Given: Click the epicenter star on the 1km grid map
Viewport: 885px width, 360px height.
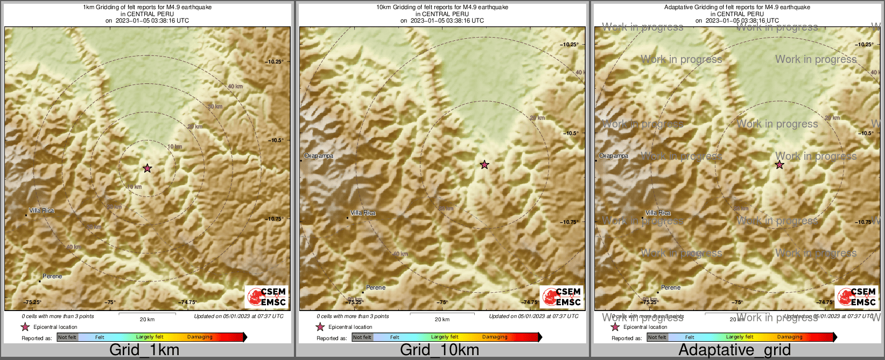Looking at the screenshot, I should click(x=147, y=168).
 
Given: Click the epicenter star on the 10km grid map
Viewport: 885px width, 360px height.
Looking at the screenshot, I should click(x=484, y=165).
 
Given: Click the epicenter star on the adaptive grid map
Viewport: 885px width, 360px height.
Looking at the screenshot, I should click(x=779, y=165).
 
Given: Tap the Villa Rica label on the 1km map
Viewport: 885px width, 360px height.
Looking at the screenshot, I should click(x=41, y=210).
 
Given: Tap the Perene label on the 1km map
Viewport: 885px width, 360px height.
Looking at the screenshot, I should click(x=52, y=276).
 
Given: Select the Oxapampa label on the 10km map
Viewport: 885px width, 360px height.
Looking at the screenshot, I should click(x=319, y=156).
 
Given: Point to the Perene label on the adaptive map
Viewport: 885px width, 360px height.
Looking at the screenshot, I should click(x=671, y=287).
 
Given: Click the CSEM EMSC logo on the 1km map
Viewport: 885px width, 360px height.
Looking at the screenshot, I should click(x=267, y=297).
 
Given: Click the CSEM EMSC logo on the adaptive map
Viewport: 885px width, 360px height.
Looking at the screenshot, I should click(x=857, y=297).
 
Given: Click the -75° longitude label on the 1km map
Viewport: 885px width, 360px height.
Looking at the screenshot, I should click(x=110, y=302).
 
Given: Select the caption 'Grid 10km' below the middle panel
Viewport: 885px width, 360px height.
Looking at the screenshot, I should click(x=439, y=350).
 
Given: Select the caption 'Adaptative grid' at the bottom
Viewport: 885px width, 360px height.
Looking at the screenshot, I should click(x=734, y=350).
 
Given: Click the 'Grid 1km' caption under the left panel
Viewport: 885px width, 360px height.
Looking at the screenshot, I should click(x=144, y=350).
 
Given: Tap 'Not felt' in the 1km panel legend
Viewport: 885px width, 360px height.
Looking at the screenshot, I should click(x=67, y=337).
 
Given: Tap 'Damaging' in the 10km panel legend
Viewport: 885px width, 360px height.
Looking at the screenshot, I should click(x=495, y=337).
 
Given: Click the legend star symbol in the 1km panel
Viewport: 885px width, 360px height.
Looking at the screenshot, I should click(x=25, y=327).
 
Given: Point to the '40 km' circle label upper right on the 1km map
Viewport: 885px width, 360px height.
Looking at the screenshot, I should click(x=235, y=86).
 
